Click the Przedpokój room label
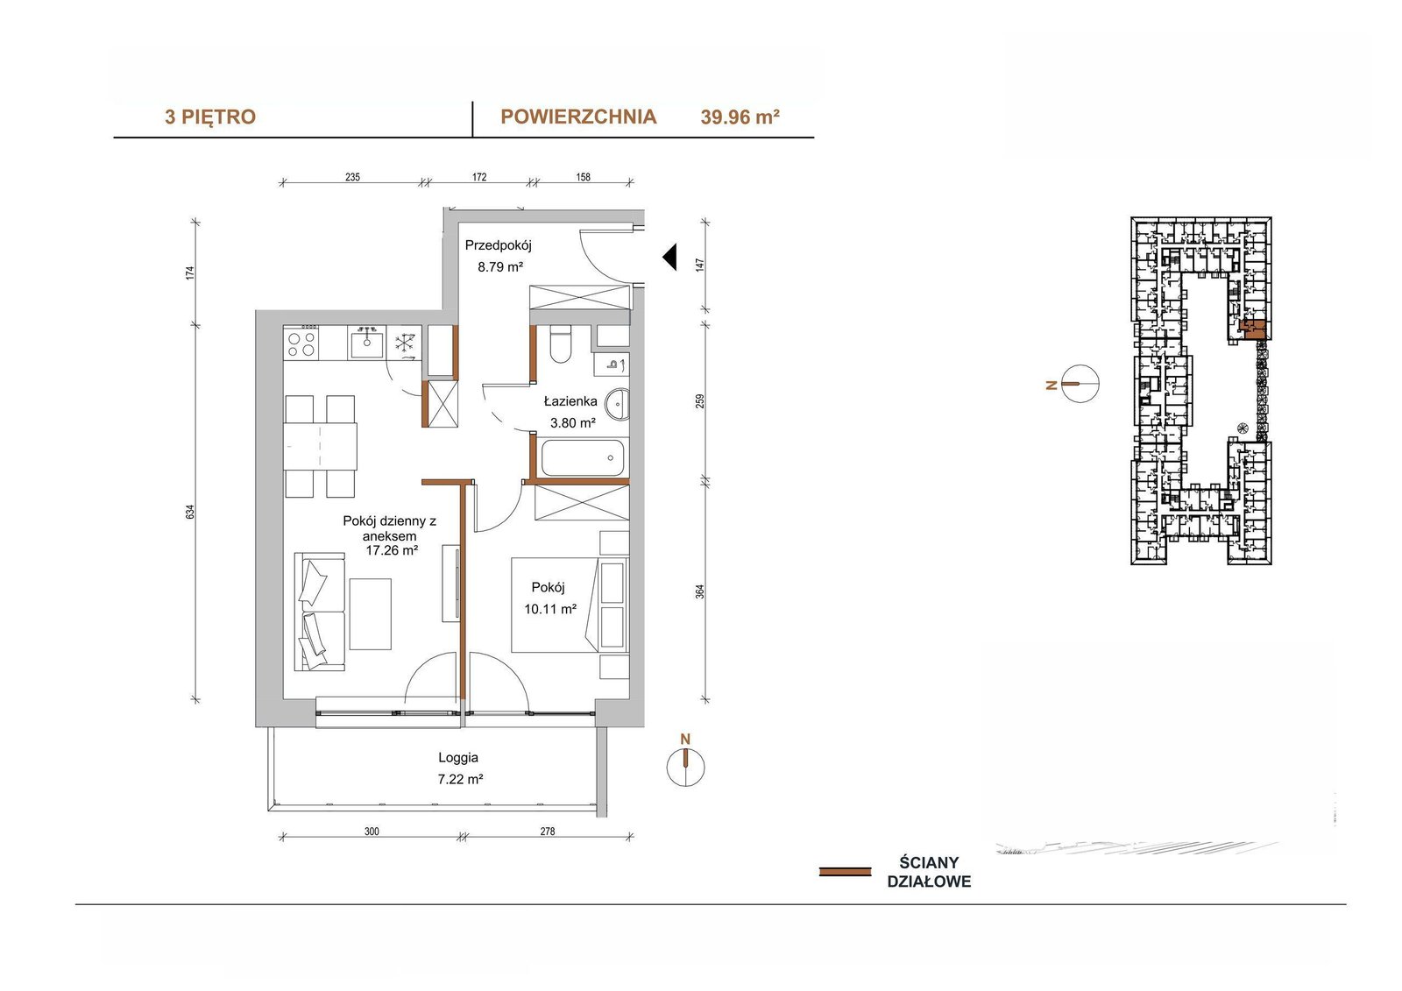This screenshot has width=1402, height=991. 498,245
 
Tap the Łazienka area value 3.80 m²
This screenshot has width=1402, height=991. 572,422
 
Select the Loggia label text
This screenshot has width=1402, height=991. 458,758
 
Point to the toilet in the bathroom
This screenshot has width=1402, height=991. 560,344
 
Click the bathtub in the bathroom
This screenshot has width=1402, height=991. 583,457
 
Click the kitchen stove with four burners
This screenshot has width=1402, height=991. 301,343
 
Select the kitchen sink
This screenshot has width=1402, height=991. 366,343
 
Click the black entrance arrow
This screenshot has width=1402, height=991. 670,258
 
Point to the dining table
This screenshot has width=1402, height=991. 321,446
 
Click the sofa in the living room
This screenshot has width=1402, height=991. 320,612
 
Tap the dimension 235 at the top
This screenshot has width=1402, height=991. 352,177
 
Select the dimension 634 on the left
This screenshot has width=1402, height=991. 191,512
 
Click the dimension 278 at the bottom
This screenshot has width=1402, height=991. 547,832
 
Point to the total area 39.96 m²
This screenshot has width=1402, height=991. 740,117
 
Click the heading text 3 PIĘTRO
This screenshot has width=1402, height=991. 210,117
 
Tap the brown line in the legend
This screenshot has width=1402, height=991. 845,872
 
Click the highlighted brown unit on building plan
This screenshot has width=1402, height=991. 1254,330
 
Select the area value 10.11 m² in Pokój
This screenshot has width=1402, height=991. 550,608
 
